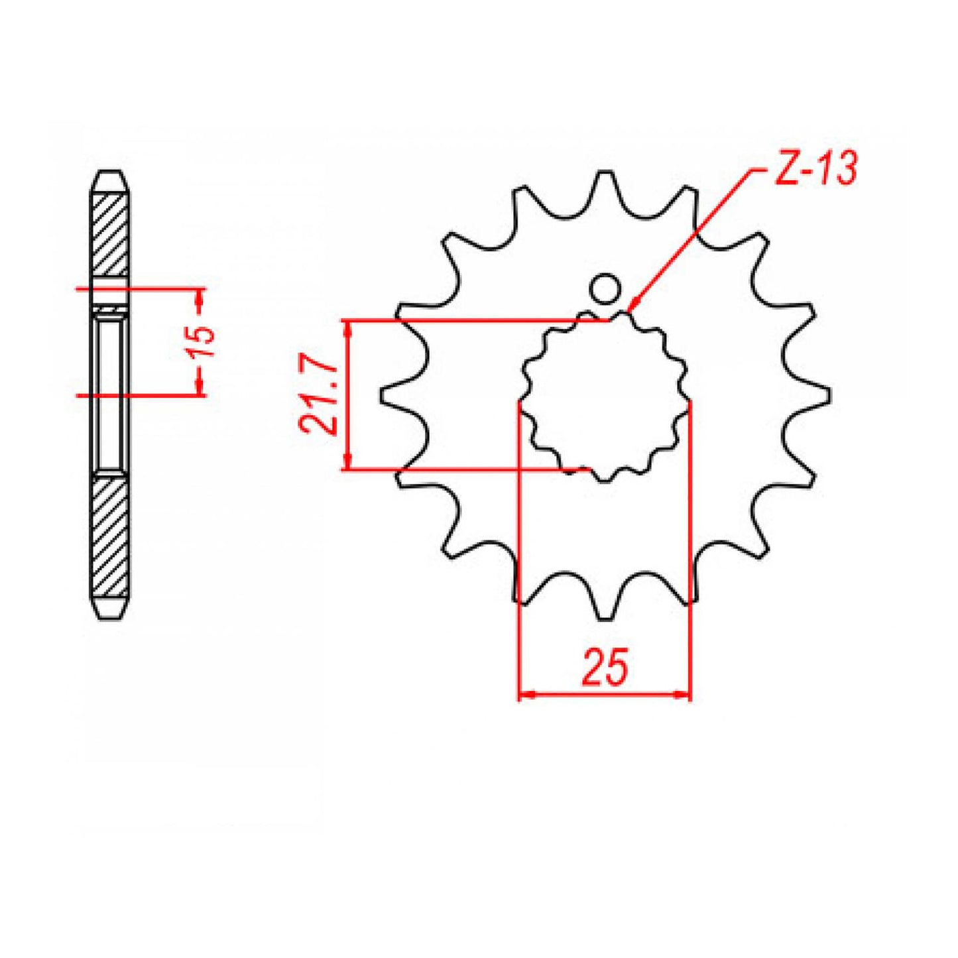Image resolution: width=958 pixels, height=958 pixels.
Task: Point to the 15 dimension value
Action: tap(203, 341)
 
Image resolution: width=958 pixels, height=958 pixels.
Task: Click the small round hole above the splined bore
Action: tap(605, 288)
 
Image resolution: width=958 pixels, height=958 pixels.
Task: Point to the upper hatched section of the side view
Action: tap(109, 232)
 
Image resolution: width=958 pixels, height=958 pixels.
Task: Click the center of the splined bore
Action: tap(605, 395)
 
